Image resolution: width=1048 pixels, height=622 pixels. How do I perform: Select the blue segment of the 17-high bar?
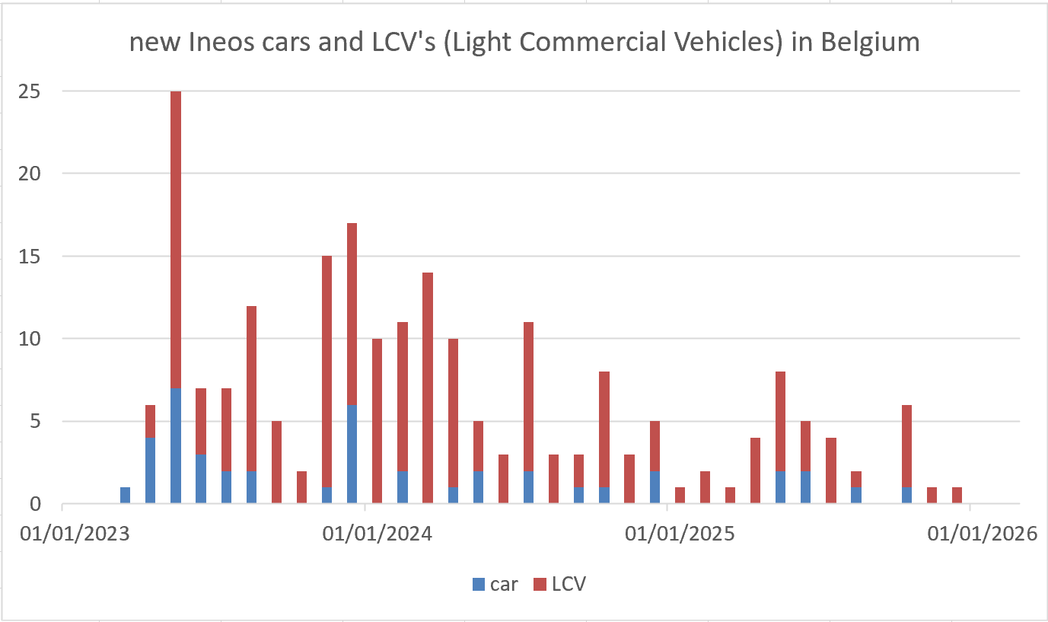(x=352, y=454)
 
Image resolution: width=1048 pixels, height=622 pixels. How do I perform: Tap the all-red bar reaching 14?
(x=428, y=388)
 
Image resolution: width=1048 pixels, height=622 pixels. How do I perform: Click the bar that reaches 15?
(x=327, y=381)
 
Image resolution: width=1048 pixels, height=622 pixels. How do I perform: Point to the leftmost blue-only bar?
(x=126, y=496)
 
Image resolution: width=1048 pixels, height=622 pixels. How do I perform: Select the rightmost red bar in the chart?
(x=957, y=496)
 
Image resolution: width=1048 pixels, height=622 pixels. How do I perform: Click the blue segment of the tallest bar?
(x=176, y=446)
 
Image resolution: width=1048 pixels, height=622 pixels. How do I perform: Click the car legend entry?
(x=495, y=585)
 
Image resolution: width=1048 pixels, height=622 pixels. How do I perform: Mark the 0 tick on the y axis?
(x=35, y=504)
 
